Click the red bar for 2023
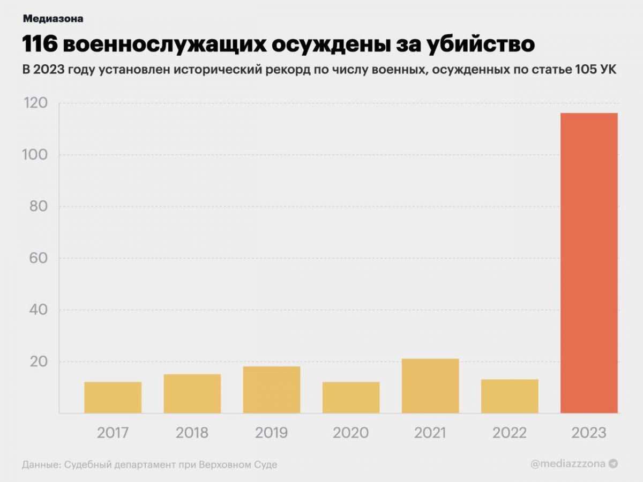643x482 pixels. click(x=589, y=263)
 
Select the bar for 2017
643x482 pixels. click(x=113, y=397)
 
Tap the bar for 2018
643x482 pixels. click(x=192, y=394)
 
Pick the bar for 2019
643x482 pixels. click(x=272, y=390)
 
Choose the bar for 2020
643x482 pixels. click(x=351, y=397)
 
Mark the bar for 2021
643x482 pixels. click(x=430, y=386)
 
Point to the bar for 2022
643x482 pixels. click(x=510, y=396)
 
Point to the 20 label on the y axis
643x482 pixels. click(x=39, y=361)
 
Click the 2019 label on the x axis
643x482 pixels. click(x=272, y=433)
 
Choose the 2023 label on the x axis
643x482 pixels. click(x=589, y=433)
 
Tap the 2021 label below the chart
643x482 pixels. click(x=430, y=433)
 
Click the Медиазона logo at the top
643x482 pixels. click(x=53, y=19)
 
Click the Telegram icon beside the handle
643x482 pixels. click(x=614, y=464)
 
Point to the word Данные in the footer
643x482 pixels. click(x=41, y=464)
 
